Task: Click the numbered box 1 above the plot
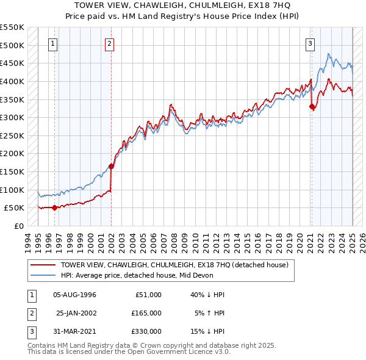coord(54,43)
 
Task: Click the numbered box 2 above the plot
coord(109,43)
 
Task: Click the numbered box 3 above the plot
coord(310,43)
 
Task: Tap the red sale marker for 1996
coord(54,207)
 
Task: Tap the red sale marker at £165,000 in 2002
coord(112,166)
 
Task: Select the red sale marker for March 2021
coord(312,107)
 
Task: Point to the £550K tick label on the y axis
coord(12,27)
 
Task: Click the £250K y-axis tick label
coord(12,135)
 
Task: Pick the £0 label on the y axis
coord(18,226)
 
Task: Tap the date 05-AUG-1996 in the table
coord(75,295)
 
